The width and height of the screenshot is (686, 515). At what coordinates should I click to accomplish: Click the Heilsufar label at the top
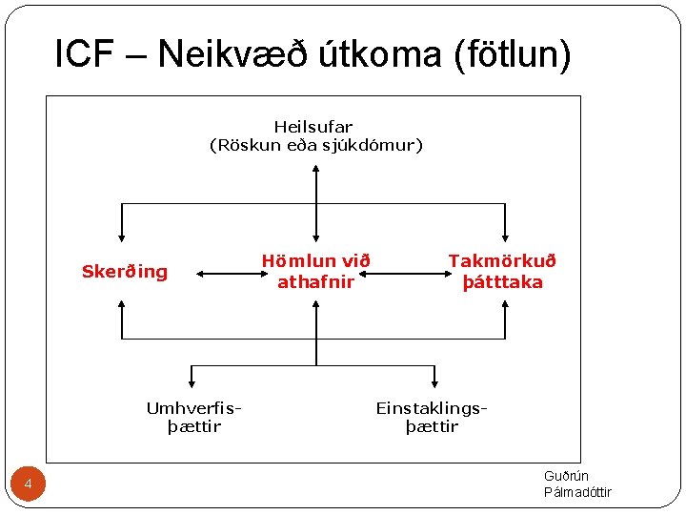click(313, 126)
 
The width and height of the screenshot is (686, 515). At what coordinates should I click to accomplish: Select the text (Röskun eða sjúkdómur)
click(315, 145)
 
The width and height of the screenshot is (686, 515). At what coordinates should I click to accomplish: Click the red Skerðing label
click(124, 272)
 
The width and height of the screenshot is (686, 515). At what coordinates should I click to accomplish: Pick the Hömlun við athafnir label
click(315, 271)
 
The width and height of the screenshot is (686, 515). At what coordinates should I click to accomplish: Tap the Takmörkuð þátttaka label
click(502, 271)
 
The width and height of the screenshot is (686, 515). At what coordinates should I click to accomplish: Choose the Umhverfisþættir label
click(193, 417)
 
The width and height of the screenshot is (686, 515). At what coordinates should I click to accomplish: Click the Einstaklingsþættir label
click(432, 417)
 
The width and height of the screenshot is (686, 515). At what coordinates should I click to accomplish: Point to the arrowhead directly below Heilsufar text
click(315, 170)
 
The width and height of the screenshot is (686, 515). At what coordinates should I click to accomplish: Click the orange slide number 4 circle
click(28, 485)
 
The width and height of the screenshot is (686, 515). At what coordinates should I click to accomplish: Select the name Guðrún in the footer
click(566, 476)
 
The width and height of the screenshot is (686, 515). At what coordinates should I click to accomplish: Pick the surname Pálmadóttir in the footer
click(577, 492)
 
